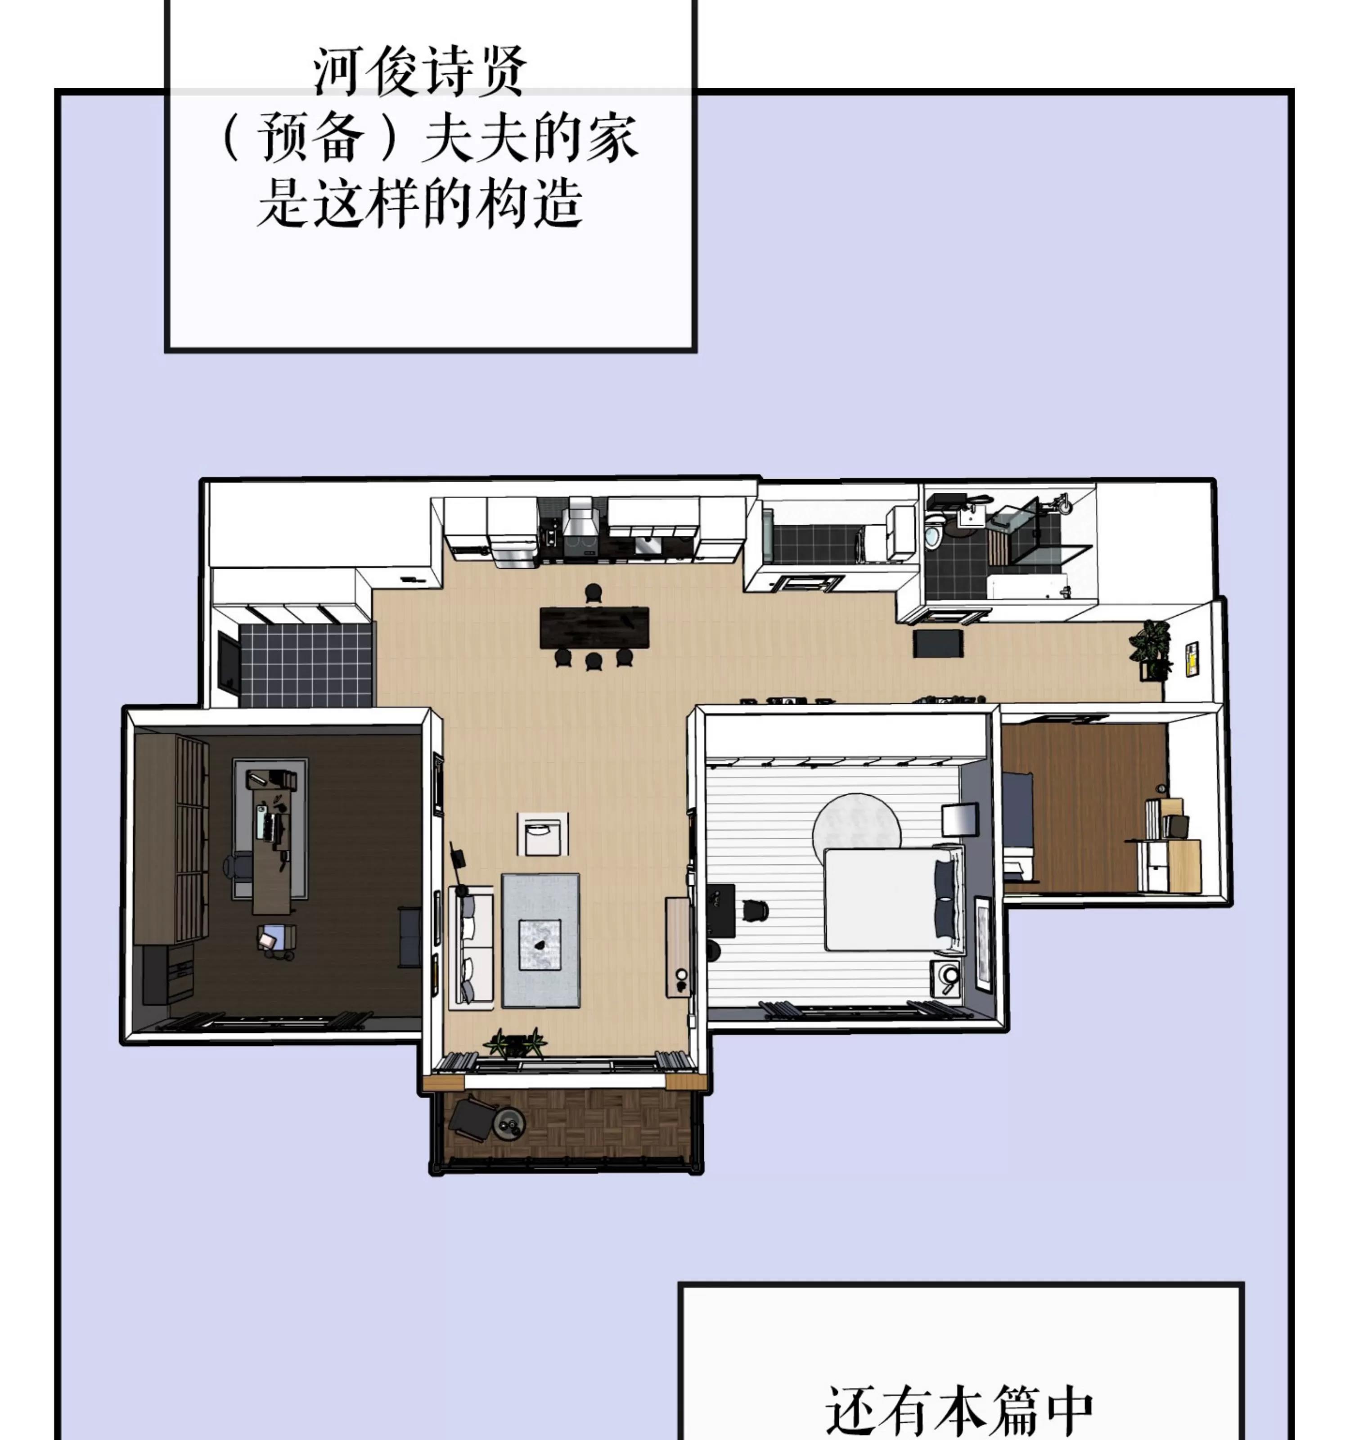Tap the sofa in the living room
pos(471,946)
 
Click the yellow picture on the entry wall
pos(1192,658)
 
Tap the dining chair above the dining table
pos(593,593)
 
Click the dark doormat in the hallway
pos(938,643)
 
